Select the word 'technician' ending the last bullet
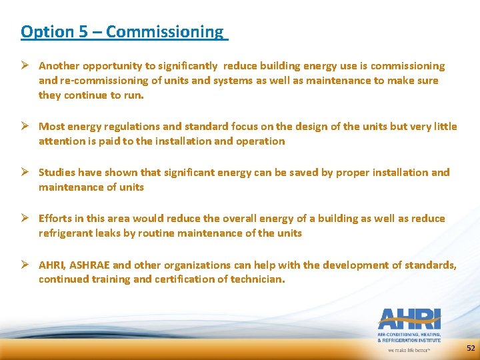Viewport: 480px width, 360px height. tap(257, 279)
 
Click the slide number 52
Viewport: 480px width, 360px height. tap(471, 348)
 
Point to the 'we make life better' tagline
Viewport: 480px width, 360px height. tap(409, 349)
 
